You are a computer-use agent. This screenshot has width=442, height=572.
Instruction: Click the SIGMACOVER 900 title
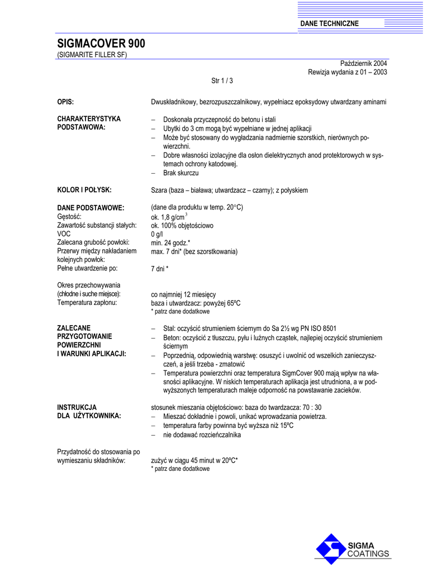coord(101,44)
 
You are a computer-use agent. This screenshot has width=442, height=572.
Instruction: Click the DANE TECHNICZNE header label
coord(330,23)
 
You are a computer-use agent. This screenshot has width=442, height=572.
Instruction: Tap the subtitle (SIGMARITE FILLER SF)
coord(92,55)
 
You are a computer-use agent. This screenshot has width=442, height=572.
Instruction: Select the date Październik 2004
coord(364,64)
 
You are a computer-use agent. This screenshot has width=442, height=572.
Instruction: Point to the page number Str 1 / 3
coord(222,81)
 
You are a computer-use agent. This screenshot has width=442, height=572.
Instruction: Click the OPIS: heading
coord(66,102)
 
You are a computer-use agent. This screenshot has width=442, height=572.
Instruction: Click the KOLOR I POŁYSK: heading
coord(84,190)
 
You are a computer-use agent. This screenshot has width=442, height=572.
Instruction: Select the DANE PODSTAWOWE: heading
coord(91,208)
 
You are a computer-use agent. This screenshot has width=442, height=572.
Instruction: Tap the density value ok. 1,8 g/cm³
coord(170,217)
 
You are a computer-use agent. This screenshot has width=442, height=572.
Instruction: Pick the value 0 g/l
coord(157,234)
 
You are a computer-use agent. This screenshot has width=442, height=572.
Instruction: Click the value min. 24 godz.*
coord(170,242)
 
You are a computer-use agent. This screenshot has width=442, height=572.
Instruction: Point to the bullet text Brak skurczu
coord(181,173)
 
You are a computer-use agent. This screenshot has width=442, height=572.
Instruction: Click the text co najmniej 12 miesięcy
coord(184,294)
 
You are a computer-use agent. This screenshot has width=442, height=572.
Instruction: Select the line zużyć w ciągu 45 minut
coord(194,460)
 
